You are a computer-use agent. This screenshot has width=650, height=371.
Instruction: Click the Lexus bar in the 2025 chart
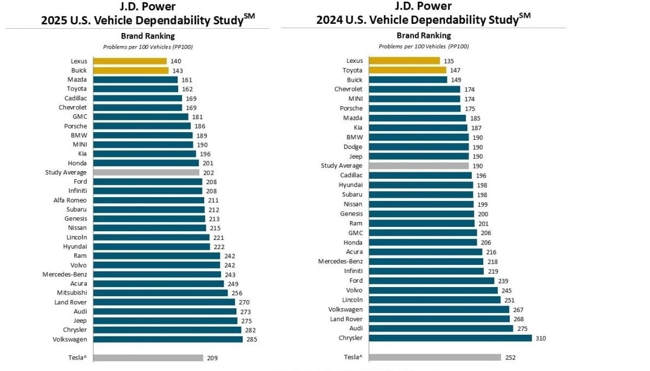point(130,61)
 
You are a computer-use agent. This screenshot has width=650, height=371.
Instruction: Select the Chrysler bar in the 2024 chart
point(450,338)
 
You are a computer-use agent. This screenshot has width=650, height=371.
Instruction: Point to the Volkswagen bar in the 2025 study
point(168,340)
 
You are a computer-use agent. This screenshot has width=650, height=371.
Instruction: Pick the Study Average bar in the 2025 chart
point(146,173)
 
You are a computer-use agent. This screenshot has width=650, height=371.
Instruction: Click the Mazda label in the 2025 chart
point(77,80)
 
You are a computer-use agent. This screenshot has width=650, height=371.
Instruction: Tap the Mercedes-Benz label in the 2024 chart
point(340,262)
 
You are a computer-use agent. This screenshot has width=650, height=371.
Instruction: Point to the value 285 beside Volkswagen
point(251,340)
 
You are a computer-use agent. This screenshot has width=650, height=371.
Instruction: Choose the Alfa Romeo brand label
point(70,200)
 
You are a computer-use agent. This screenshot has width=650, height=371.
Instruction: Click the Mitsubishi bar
point(160,293)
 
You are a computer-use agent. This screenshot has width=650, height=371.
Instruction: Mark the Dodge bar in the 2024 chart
point(419,147)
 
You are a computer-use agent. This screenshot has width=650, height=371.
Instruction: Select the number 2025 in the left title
point(54,20)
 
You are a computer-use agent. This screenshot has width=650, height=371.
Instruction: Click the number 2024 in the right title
point(329,20)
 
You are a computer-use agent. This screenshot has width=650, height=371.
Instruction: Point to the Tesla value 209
point(212,358)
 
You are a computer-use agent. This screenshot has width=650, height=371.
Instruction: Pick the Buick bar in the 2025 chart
point(131,70)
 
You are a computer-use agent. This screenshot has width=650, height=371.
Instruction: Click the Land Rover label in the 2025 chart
point(70,302)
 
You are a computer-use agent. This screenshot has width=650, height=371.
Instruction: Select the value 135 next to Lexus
point(449,61)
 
